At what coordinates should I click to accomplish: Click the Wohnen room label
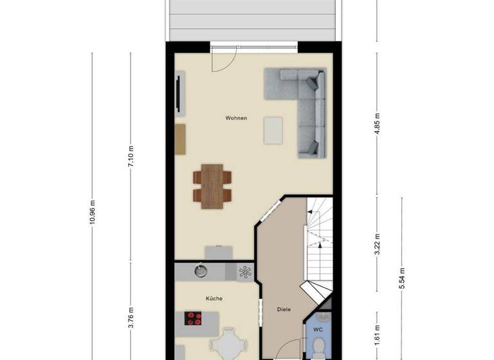236,118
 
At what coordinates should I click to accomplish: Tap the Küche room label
214,299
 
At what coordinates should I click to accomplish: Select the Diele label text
284,309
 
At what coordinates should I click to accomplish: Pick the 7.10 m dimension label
131,156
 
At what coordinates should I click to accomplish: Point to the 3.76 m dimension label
131,318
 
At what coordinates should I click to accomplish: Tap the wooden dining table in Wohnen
212,186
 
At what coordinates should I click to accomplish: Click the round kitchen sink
201,271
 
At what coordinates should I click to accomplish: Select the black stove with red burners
194,318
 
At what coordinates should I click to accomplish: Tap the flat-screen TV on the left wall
178,95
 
